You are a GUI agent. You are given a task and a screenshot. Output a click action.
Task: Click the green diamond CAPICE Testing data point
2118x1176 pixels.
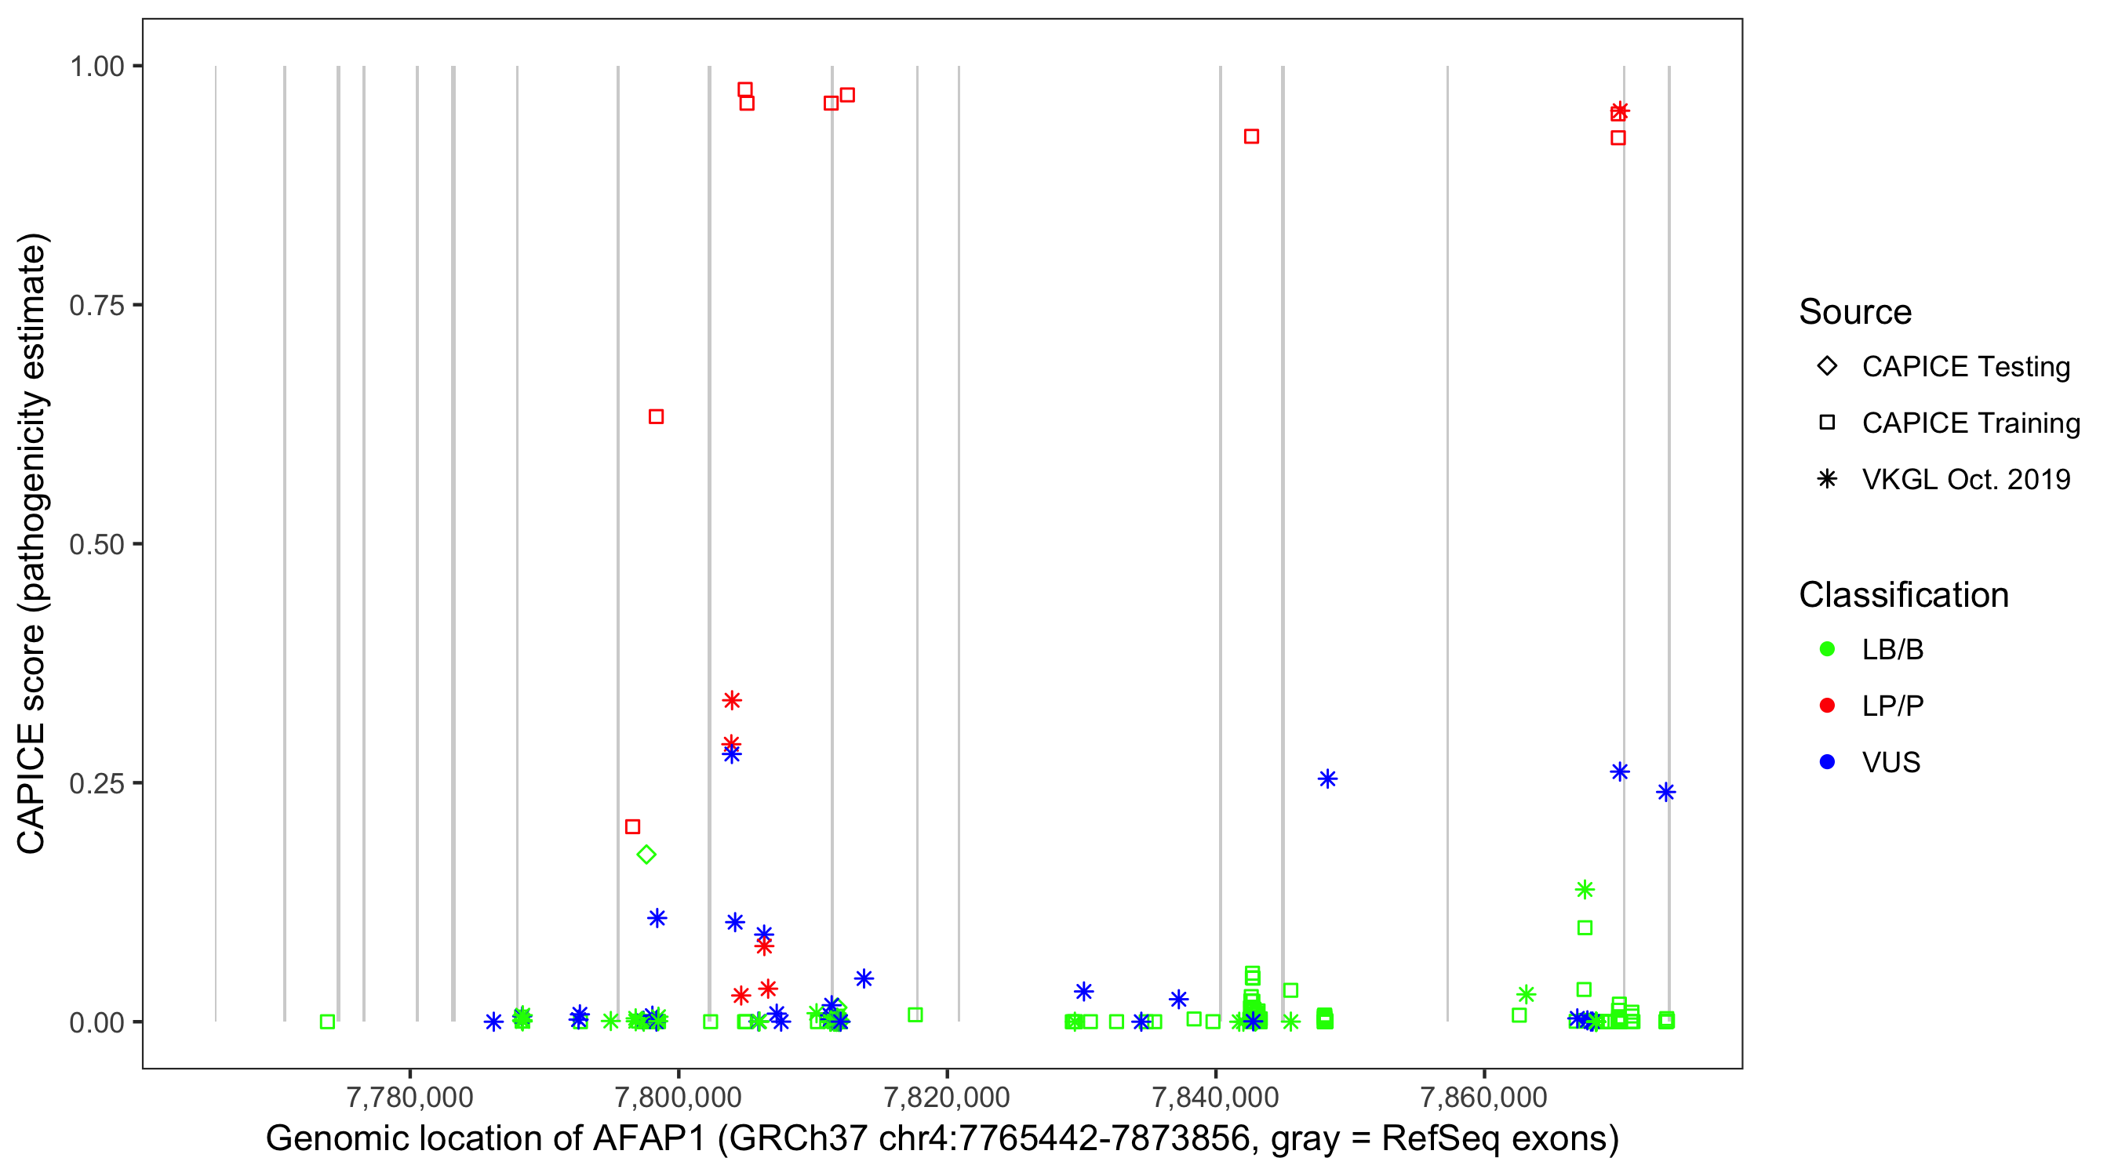click(x=646, y=855)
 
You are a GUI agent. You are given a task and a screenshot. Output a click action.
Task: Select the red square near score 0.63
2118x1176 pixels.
click(x=656, y=416)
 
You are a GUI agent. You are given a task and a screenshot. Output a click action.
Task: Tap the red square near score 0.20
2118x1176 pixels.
click(x=632, y=827)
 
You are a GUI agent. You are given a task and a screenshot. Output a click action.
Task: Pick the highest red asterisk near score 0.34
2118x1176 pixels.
click(x=732, y=700)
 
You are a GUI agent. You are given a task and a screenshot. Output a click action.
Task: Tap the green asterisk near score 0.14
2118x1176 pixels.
click(x=1585, y=889)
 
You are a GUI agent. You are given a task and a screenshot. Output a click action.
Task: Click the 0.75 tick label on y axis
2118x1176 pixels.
click(x=96, y=306)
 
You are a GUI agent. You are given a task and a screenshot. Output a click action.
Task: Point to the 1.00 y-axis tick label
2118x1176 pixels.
click(x=96, y=67)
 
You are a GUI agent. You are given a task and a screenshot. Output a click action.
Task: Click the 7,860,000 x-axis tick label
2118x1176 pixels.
click(x=1483, y=1097)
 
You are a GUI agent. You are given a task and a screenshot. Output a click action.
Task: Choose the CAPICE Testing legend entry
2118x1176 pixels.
click(x=1965, y=367)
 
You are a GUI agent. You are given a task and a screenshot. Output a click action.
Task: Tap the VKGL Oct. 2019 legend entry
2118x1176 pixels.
click(x=1965, y=479)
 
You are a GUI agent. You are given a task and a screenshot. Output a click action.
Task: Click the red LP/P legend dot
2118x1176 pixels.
click(x=1828, y=706)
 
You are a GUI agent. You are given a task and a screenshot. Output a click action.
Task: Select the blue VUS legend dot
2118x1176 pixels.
click(x=1828, y=762)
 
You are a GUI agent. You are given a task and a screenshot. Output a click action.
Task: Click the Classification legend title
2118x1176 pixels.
click(x=1903, y=595)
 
